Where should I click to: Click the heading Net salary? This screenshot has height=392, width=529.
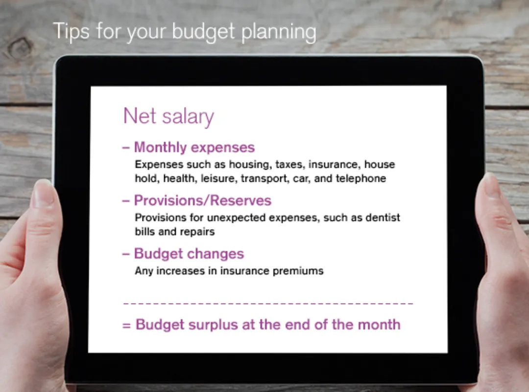click(x=168, y=116)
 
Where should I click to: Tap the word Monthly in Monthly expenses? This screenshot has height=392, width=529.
click(x=160, y=148)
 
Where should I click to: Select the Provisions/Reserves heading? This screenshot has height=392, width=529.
click(x=202, y=200)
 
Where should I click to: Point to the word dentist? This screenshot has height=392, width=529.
click(x=383, y=218)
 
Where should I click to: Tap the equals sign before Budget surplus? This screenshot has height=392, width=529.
click(x=126, y=326)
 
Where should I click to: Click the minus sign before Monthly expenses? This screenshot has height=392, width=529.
click(x=126, y=148)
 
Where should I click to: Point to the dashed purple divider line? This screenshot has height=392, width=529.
click(x=268, y=304)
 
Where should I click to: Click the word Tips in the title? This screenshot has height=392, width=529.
click(x=71, y=31)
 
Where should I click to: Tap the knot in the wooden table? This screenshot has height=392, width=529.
click(x=20, y=49)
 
